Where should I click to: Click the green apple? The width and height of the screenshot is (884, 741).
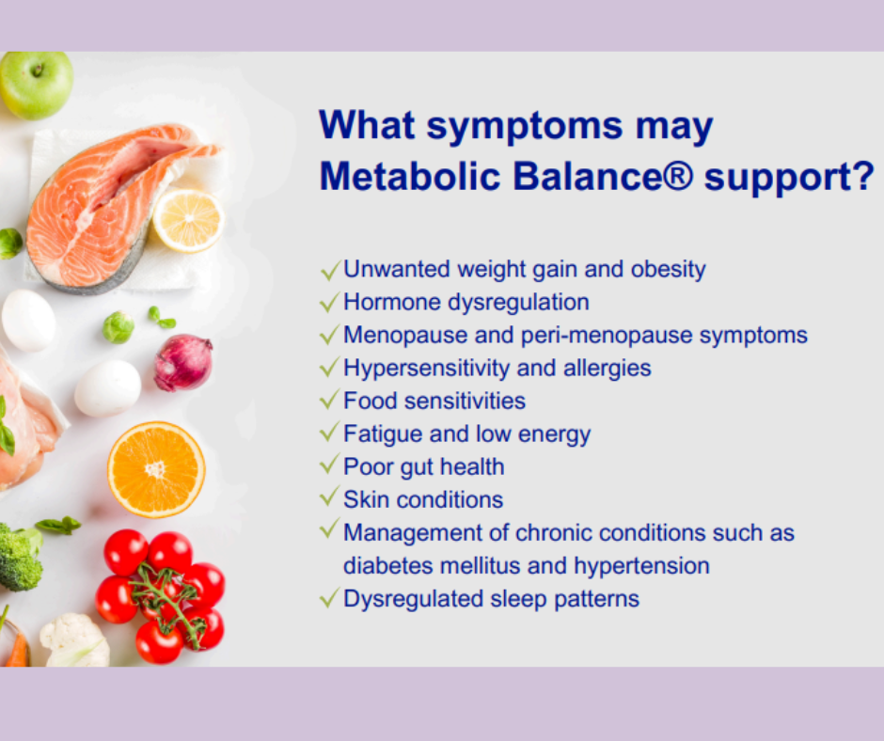pyautogui.click(x=36, y=85)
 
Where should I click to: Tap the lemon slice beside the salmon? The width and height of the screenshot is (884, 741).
pyautogui.click(x=189, y=220)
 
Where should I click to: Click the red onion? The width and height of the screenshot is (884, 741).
pyautogui.click(x=183, y=363)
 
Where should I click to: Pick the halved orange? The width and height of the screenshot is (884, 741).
pyautogui.click(x=156, y=469)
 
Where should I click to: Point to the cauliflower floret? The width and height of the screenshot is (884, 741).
pyautogui.click(x=75, y=640)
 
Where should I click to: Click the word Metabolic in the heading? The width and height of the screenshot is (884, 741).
pyautogui.click(x=410, y=176)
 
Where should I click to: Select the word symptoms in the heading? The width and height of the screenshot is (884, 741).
pyautogui.click(x=525, y=127)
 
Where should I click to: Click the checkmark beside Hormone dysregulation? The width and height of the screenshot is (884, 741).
pyautogui.click(x=330, y=302)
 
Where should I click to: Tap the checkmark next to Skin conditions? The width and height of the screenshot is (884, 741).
pyautogui.click(x=330, y=497)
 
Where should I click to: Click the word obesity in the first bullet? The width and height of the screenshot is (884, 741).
pyautogui.click(x=668, y=270)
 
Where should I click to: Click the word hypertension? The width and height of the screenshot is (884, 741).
pyautogui.click(x=641, y=565)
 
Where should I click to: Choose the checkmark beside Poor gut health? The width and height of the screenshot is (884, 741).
pyautogui.click(x=330, y=464)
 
